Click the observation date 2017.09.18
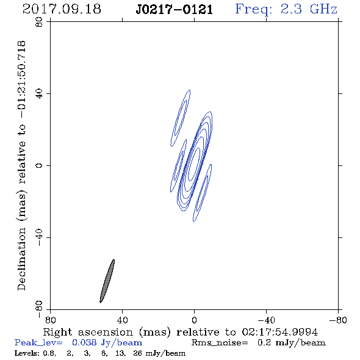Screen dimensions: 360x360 62,9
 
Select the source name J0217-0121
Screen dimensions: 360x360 174,10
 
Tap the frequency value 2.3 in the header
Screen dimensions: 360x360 291,9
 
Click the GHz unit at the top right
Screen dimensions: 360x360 323,9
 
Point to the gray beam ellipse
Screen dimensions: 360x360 107,281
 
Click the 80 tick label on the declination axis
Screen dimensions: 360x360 39,22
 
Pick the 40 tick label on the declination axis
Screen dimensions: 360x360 39,94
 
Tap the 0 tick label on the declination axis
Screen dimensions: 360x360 39,165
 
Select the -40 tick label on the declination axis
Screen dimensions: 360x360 39,238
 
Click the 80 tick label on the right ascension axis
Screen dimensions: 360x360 50,320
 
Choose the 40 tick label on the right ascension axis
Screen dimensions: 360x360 123,320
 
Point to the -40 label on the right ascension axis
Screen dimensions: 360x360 266,320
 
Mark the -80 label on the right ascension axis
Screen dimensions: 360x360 338,320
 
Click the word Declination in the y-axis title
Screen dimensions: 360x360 21,259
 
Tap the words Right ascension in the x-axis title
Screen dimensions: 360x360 88,332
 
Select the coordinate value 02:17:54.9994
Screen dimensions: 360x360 280,332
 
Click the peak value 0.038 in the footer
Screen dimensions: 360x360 84,343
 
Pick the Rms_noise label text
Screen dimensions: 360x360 220,343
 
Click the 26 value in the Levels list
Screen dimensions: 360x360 137,353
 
